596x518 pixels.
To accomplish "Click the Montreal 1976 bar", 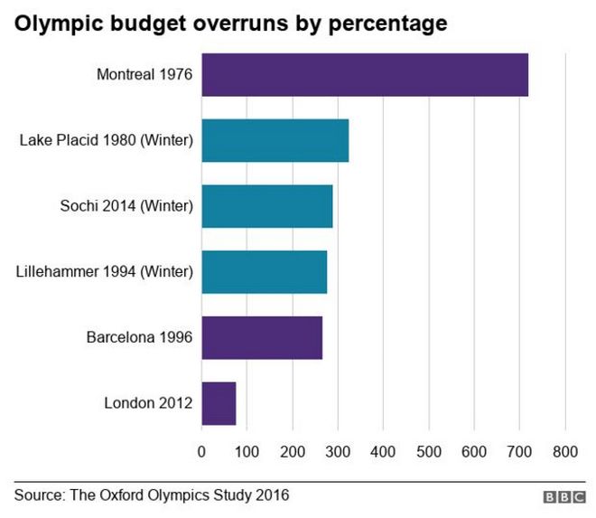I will tap(364, 74).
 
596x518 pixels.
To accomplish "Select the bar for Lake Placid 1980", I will tap(275, 140).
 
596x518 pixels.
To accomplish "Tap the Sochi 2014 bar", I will tap(266, 206).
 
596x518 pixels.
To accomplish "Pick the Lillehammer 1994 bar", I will tap(264, 272).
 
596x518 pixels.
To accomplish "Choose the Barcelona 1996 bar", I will tap(261, 338).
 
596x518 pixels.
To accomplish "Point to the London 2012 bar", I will tap(219, 403).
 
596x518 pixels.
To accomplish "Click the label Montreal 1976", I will tap(144, 74).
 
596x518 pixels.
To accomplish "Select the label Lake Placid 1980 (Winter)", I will tap(107, 140).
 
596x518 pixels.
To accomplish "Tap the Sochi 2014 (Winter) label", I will tap(121, 206).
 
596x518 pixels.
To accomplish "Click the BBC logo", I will tap(563, 497).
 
